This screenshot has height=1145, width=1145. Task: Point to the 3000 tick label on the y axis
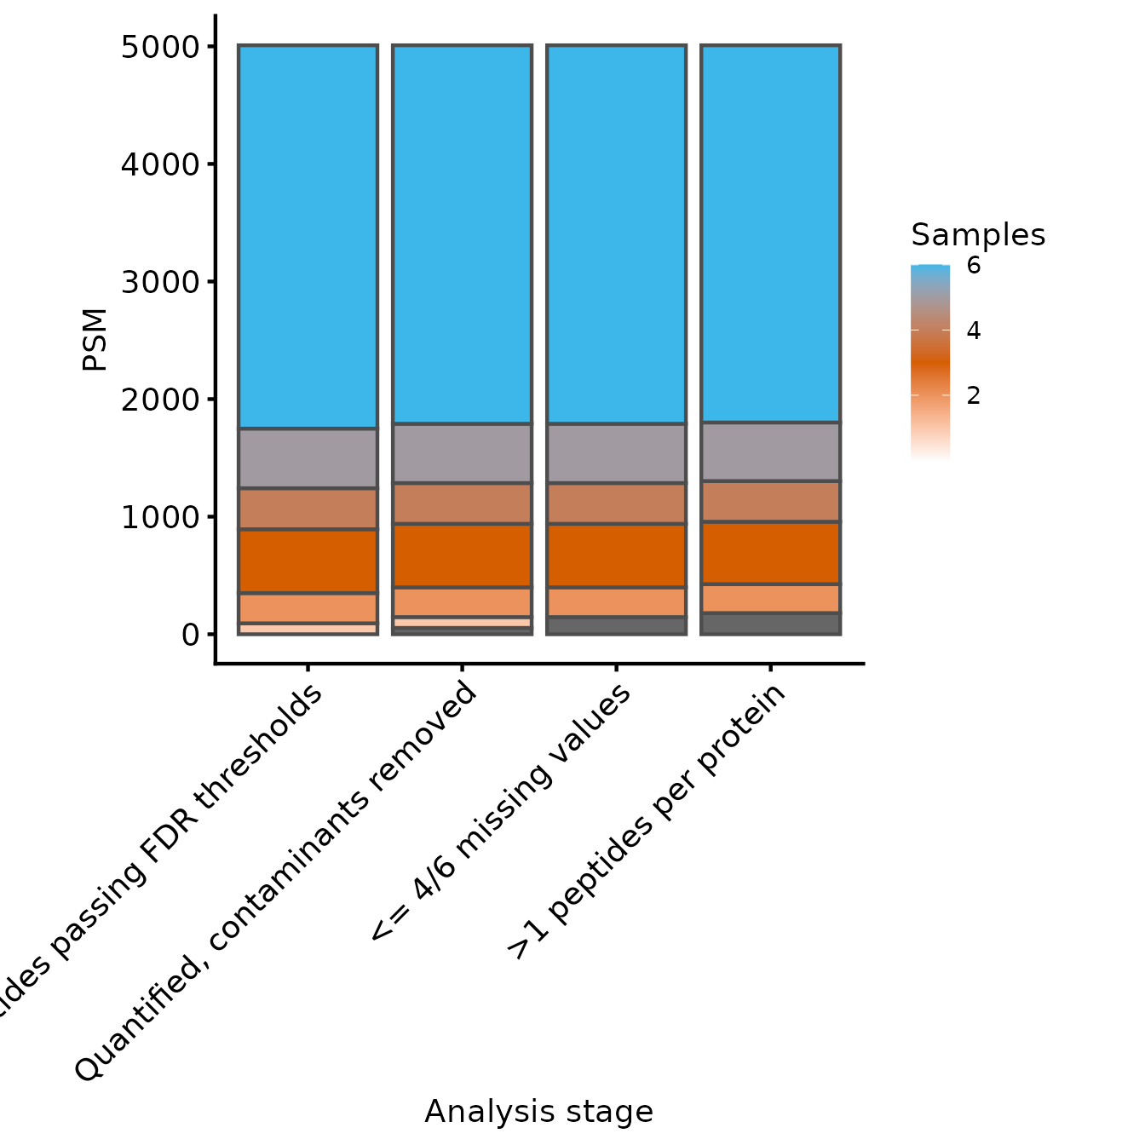(159, 282)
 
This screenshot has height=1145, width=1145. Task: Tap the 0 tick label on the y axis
(190, 635)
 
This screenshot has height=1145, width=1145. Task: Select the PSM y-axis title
(95, 339)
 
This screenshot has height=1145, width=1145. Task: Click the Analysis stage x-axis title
(538, 1112)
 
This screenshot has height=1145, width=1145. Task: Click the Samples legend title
(977, 234)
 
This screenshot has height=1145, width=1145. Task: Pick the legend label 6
(973, 266)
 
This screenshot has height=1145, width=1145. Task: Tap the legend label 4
(973, 331)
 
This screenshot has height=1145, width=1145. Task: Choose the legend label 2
(973, 396)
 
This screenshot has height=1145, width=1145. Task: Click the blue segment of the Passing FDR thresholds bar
(308, 237)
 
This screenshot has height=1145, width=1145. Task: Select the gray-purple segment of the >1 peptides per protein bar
(770, 452)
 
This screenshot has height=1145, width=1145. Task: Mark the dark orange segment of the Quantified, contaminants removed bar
(462, 555)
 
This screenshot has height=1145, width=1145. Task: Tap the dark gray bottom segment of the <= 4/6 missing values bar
(616, 626)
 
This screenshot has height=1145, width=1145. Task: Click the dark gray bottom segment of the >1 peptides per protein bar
(770, 624)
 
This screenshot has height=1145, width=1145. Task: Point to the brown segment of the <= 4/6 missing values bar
(616, 503)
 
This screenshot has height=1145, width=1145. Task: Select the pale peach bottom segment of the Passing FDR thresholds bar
(308, 629)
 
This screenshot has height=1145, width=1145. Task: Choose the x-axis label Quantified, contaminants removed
(276, 881)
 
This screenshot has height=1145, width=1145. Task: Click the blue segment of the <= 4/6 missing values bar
(616, 234)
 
